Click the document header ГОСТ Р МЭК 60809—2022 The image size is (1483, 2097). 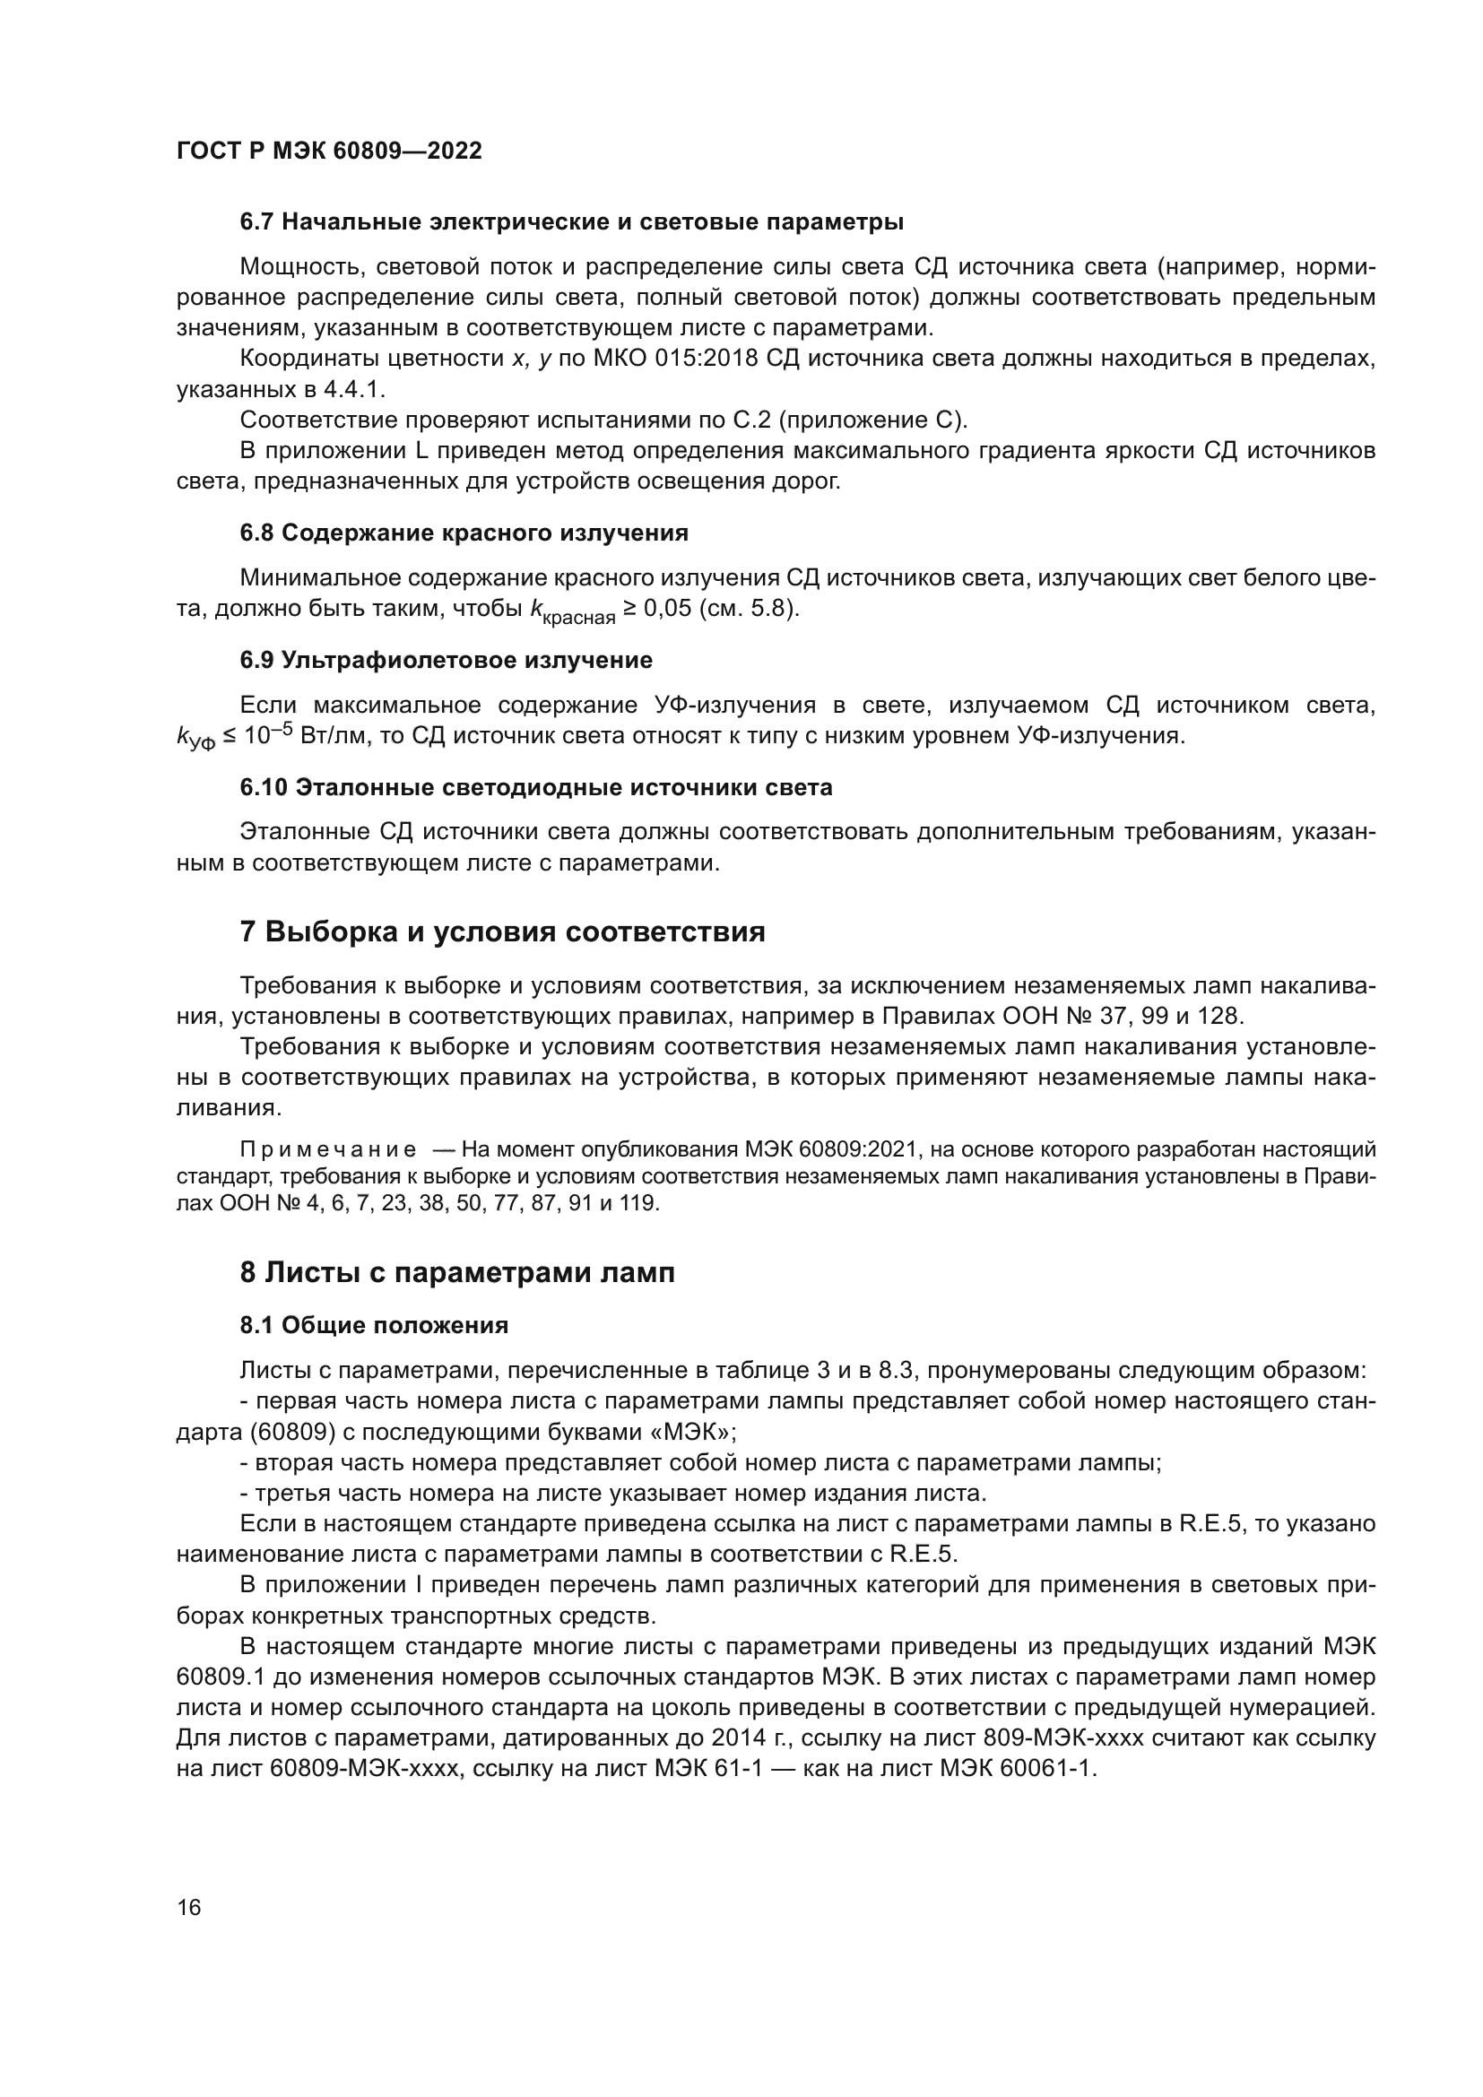coord(329,152)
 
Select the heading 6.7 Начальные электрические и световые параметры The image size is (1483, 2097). coord(572,222)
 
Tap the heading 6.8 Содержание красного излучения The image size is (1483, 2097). coord(464,533)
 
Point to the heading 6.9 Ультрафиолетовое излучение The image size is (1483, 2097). coord(446,660)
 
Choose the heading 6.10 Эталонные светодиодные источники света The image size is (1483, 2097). coord(536,787)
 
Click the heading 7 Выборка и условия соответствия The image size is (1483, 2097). coord(502,932)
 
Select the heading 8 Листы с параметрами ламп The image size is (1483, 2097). coord(456,1271)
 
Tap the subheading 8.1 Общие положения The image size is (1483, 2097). coord(375,1325)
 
